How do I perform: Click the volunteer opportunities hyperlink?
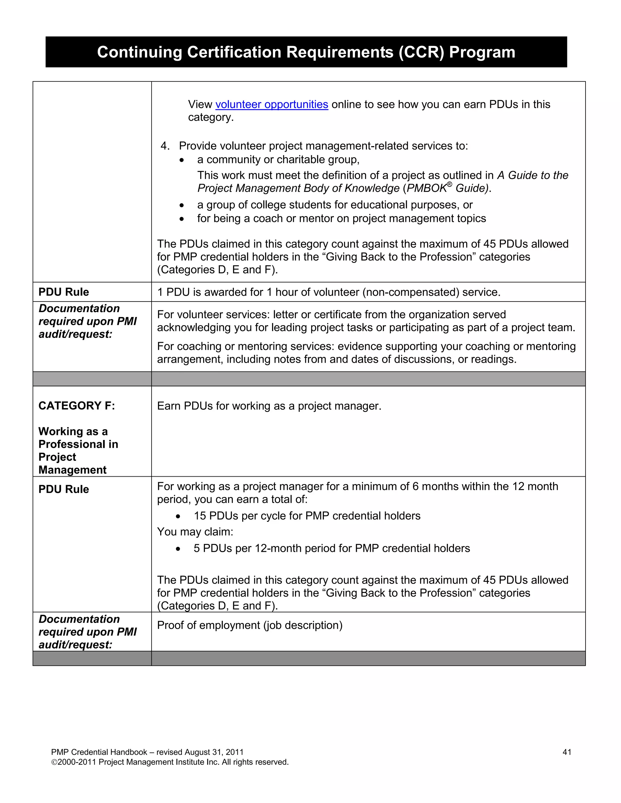tap(271, 105)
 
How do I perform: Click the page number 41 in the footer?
tap(566, 752)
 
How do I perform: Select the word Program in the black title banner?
tap(482, 52)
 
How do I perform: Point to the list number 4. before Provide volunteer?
tap(165, 146)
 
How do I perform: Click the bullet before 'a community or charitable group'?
tap(181, 160)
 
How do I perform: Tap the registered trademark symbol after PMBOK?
tap(449, 184)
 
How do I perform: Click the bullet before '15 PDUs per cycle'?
tap(178, 517)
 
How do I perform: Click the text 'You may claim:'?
tap(195, 532)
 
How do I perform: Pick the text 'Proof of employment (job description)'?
tap(250, 625)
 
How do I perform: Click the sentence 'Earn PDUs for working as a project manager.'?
tap(269, 406)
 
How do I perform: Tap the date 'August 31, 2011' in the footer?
tap(214, 752)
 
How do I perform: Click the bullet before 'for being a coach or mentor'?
tap(181, 219)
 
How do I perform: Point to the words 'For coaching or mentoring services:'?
tap(245, 346)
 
